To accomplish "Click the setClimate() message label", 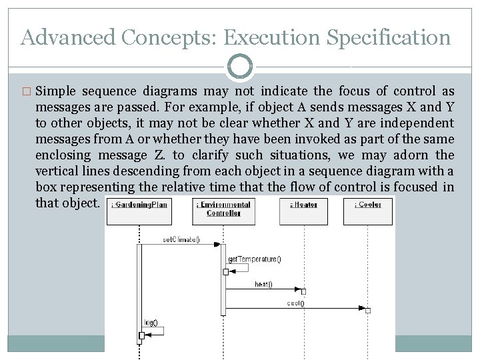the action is (x=181, y=239).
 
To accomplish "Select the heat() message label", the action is (x=263, y=285).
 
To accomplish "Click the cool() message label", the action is (x=295, y=303).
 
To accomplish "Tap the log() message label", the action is (x=151, y=323).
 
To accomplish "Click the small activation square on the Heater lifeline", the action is (x=303, y=291).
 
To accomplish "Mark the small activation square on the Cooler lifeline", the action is (x=367, y=309).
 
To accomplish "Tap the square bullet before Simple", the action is (x=27, y=91).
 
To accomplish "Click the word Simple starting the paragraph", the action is (x=56, y=91).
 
